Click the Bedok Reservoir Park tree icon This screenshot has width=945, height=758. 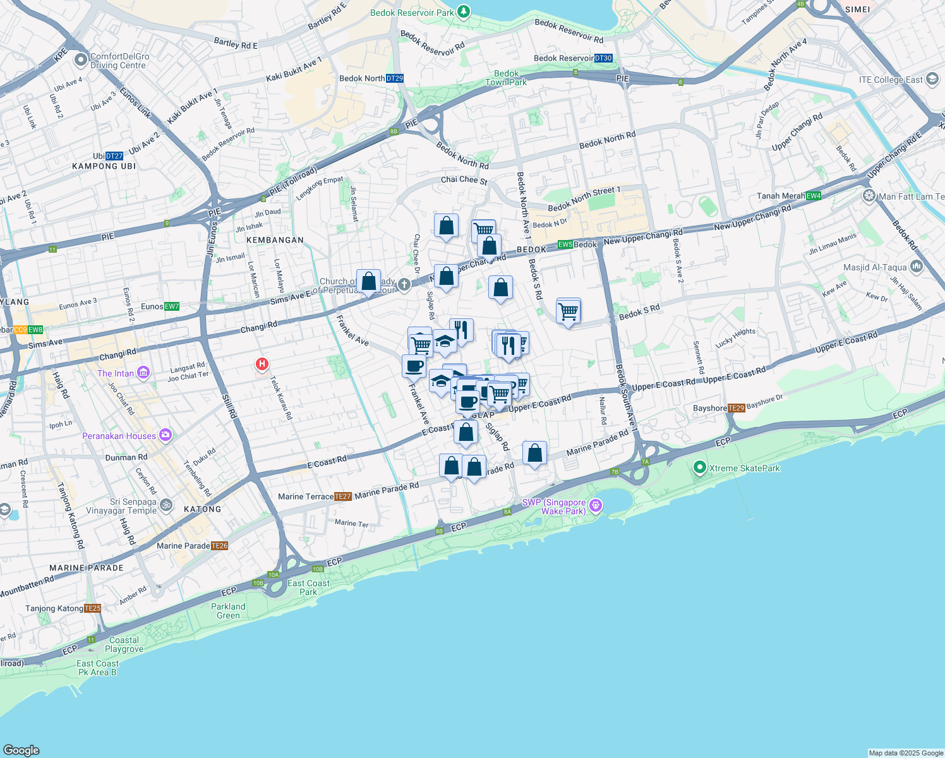click(464, 11)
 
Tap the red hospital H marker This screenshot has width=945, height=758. click(262, 364)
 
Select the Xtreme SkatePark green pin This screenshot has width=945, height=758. click(699, 467)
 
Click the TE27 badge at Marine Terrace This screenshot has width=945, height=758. click(342, 496)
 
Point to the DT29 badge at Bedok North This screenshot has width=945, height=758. click(395, 78)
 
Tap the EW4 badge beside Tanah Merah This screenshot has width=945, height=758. click(814, 196)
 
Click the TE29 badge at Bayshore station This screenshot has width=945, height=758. click(737, 408)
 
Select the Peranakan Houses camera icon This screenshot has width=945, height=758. click(166, 435)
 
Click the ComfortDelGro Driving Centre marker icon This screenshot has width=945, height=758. click(80, 60)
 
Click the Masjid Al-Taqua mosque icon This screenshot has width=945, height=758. click(917, 267)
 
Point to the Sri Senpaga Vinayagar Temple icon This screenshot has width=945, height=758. click(166, 505)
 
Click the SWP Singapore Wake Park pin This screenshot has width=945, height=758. click(595, 505)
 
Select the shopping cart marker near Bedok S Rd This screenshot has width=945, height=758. click(569, 311)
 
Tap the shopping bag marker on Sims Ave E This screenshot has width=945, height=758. click(368, 282)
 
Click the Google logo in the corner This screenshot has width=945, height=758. click(21, 750)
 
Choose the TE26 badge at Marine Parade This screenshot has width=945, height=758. click(219, 546)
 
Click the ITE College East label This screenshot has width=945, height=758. click(891, 80)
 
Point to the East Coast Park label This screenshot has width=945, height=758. click(308, 587)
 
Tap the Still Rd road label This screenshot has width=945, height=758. click(229, 405)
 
